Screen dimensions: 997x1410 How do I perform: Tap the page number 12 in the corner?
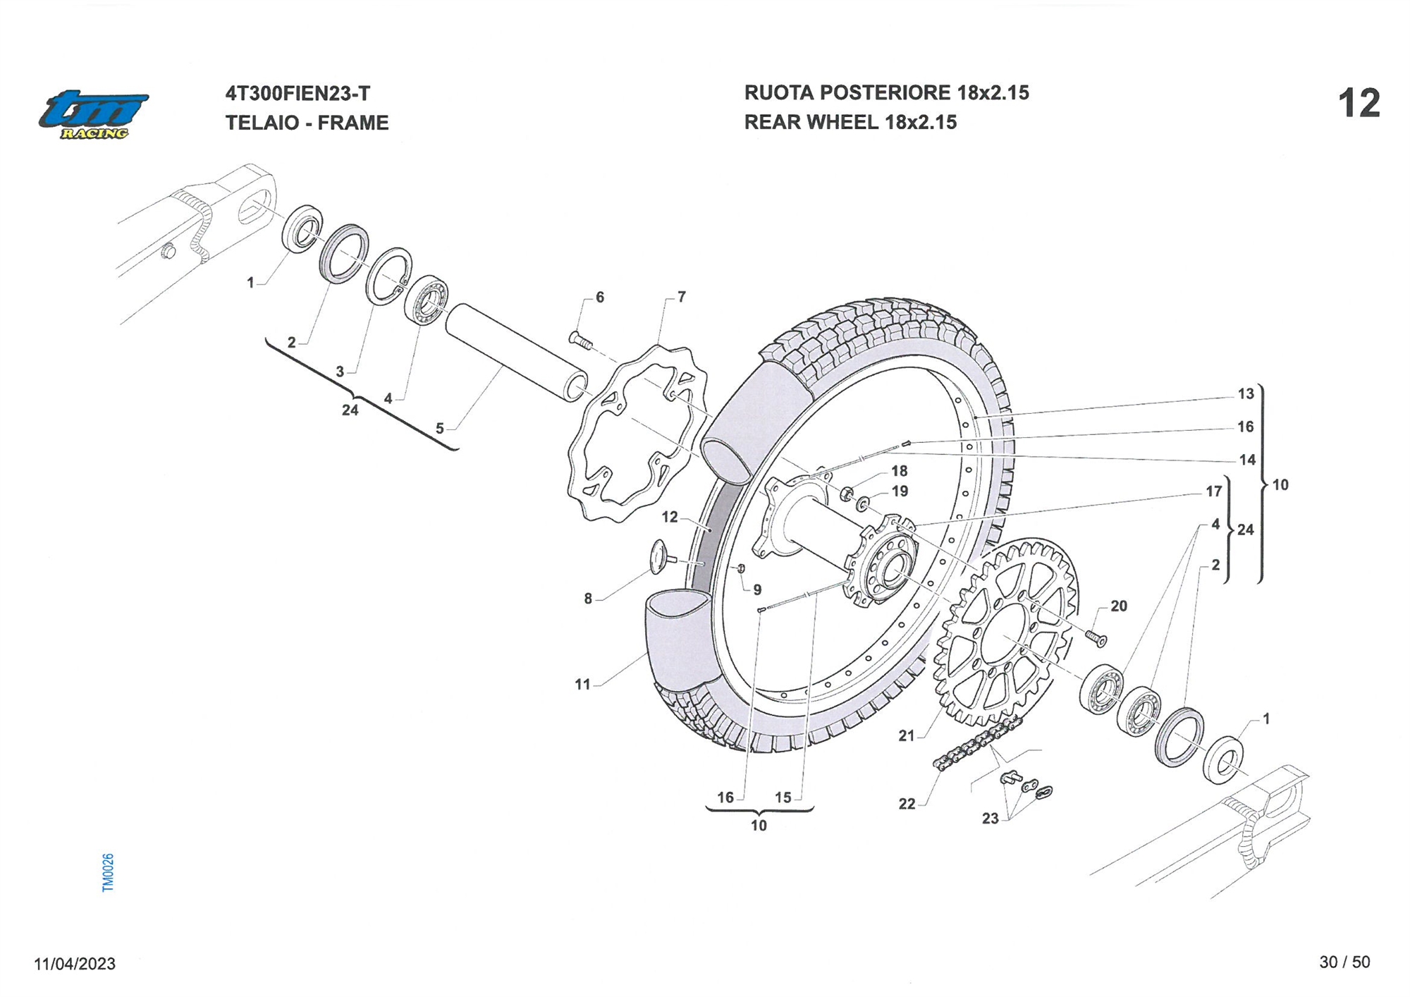tap(1359, 104)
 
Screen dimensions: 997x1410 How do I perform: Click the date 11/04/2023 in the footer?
tap(75, 964)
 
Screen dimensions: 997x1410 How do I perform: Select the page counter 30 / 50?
tap(1344, 962)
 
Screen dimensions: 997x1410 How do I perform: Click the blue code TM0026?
tap(108, 872)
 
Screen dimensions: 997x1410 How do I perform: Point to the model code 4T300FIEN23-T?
tap(298, 94)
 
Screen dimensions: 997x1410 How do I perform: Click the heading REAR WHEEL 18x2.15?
tap(850, 122)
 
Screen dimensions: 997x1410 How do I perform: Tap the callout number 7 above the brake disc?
tap(681, 297)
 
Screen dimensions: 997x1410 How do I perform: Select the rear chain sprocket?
tap(1005, 631)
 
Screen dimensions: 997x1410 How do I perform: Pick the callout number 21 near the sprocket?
tap(906, 735)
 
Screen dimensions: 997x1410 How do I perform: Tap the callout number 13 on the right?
tap(1246, 393)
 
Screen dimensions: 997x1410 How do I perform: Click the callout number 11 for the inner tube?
tap(582, 684)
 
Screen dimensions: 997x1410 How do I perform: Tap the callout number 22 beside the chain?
tap(906, 804)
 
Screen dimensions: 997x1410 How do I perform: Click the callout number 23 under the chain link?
tap(990, 818)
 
